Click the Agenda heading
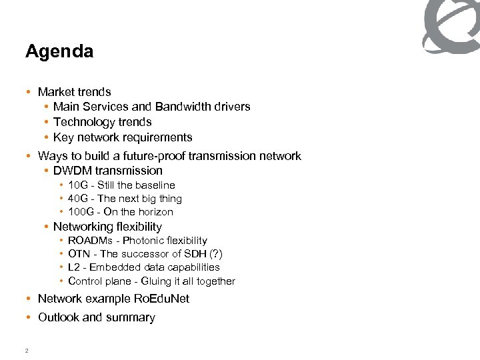click(x=59, y=52)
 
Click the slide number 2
click(x=26, y=351)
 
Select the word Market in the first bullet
click(x=55, y=92)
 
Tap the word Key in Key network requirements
click(x=63, y=137)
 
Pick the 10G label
click(x=79, y=185)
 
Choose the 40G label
click(x=79, y=199)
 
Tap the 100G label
click(x=81, y=212)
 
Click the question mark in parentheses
click(x=215, y=254)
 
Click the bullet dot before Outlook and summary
click(x=29, y=317)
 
